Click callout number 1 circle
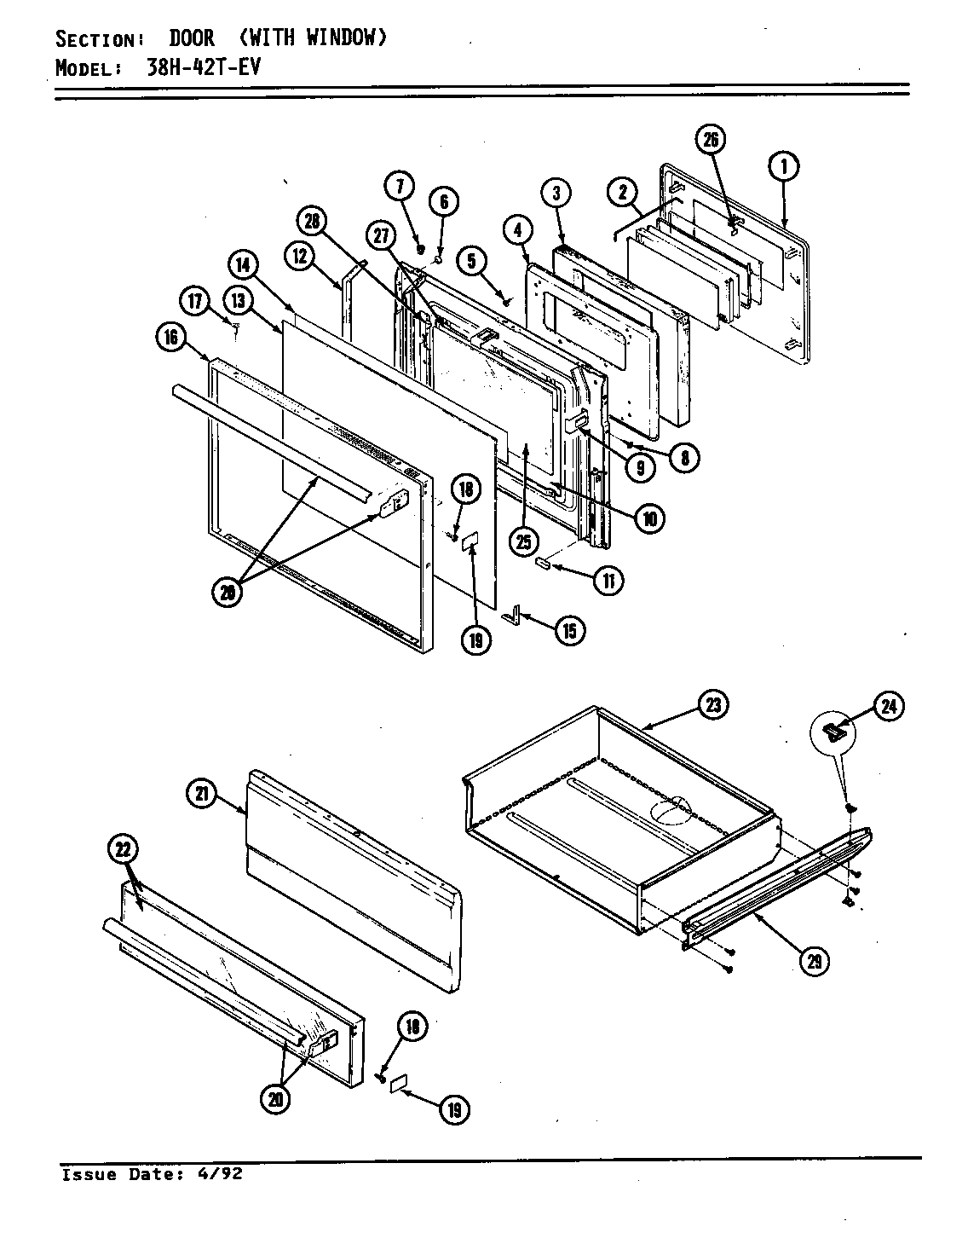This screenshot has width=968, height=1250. pos(782,167)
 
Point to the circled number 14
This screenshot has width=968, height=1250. pos(243,264)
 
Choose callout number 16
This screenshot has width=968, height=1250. pos(170,338)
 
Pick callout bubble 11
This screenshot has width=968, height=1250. pos(608,581)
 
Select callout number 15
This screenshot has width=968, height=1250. pos(568,630)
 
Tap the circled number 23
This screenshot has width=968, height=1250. pos(712,705)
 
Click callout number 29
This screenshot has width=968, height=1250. pos(815,960)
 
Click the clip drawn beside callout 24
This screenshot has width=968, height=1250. pos(834,730)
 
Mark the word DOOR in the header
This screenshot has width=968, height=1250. pos(191,38)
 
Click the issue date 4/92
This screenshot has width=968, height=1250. pos(222,1174)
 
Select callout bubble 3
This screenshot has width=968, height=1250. pos(556,194)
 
